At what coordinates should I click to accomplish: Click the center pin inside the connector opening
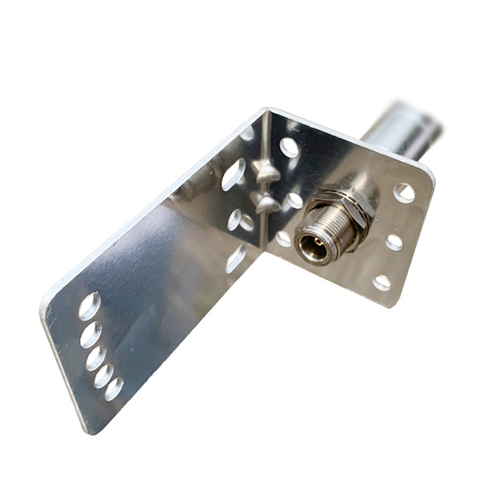click(x=311, y=244)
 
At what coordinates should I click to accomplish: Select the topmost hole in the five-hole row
click(x=89, y=306)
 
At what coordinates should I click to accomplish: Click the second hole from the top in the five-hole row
click(x=91, y=333)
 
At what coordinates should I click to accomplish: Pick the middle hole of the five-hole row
click(x=96, y=357)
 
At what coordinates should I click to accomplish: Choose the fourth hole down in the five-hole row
click(x=104, y=376)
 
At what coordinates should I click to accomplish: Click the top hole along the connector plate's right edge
click(x=404, y=193)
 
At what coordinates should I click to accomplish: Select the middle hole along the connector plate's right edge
click(x=394, y=242)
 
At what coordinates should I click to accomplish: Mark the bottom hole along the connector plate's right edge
click(x=382, y=283)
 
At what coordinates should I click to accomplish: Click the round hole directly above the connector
click(x=289, y=148)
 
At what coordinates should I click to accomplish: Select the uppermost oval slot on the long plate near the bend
click(x=234, y=174)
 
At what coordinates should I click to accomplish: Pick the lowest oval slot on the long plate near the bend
click(x=236, y=259)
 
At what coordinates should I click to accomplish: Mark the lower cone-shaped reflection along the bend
click(x=266, y=202)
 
